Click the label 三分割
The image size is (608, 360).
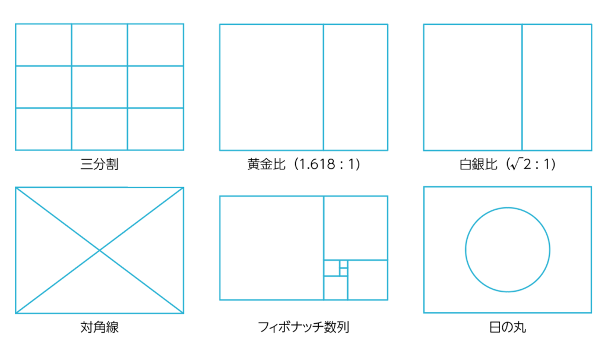coord(99,164)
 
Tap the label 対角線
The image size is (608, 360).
coord(99,327)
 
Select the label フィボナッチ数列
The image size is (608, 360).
coord(303,327)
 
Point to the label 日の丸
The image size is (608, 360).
coord(508,327)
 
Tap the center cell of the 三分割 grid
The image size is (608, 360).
coord(99,87)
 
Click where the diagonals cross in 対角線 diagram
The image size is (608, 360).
coord(99,250)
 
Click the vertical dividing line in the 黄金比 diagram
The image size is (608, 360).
coord(324,87)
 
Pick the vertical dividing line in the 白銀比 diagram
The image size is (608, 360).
coord(522,87)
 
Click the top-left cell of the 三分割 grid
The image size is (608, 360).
coord(43,45)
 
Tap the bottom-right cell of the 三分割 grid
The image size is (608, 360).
coord(156,129)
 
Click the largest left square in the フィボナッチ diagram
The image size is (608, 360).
coord(271,248)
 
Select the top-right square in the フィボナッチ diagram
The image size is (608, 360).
coord(356,228)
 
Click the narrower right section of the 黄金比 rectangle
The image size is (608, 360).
coord(356,87)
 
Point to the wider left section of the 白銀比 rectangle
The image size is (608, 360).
coord(473,87)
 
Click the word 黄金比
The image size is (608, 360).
coord(267,164)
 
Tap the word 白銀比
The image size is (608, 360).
coord(478,165)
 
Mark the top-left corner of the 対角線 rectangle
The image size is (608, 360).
coord(16,188)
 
